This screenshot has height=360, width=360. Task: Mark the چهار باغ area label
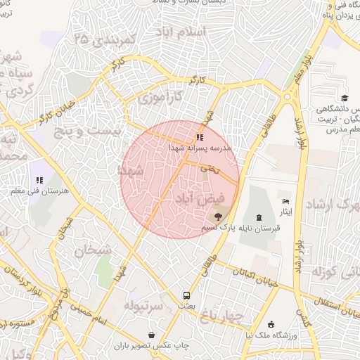pyautogui.click(x=221, y=318)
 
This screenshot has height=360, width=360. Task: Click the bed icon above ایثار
pyautogui.click(x=285, y=202)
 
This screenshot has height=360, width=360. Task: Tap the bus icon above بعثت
pyautogui.click(x=187, y=295)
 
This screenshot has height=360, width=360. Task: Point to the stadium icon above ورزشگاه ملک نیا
pyautogui.click(x=271, y=323)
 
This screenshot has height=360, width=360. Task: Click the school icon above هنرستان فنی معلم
pyautogui.click(x=39, y=180)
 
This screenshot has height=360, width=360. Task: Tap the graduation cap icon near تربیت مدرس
pyautogui.click(x=344, y=98)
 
